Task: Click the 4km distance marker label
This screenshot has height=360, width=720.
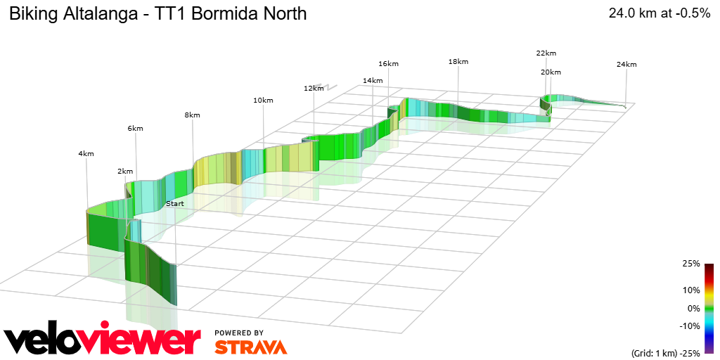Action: coord(86,153)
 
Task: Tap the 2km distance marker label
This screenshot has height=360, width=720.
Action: coord(125,172)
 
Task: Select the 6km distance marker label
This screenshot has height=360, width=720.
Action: coord(136,129)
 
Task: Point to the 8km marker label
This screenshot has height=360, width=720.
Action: coord(192,115)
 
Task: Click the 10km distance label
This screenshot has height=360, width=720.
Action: coord(263,101)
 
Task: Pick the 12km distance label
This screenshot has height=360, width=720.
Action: coord(314,89)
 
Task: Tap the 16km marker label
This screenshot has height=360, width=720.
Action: coord(388,64)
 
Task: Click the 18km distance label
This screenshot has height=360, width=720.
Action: coord(458,62)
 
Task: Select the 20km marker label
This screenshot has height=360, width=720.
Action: coord(551,72)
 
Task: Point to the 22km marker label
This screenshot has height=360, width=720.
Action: coord(546,53)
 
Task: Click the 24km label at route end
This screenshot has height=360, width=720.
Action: coord(626,65)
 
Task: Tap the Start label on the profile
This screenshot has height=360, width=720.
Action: coord(174,203)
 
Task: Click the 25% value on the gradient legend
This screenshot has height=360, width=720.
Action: coord(691,264)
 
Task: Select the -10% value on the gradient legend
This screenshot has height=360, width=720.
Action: coord(690,326)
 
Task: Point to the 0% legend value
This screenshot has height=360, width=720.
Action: coord(693,308)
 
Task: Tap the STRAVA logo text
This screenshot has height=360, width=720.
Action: coord(250,347)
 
